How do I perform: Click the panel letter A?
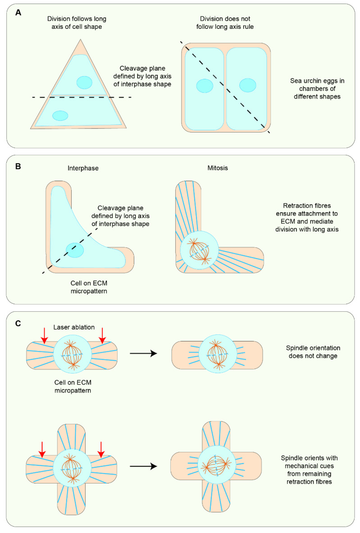click(18, 13)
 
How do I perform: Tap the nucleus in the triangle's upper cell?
click(84, 82)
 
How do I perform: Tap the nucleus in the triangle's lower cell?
click(60, 116)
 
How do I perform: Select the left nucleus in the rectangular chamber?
click(205, 86)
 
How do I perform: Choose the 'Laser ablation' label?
click(73, 328)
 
